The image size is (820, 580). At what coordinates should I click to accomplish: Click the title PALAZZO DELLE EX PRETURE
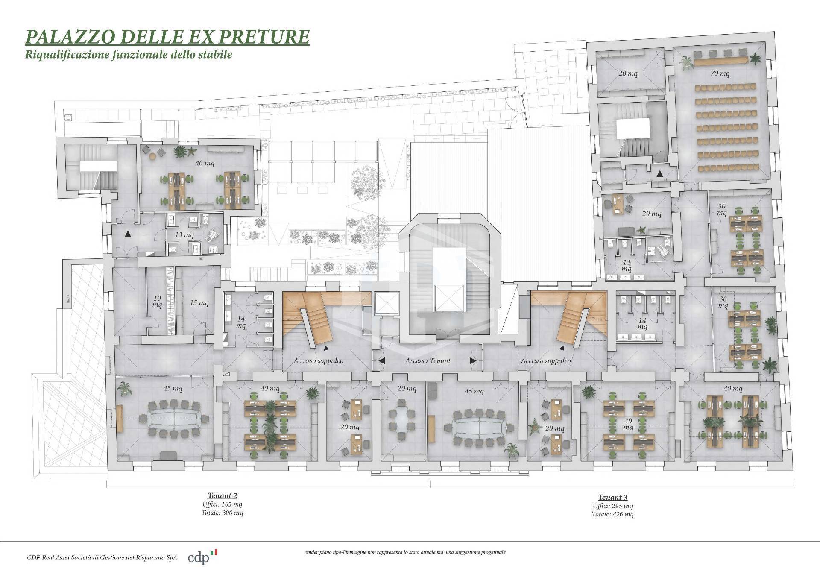(x=167, y=37)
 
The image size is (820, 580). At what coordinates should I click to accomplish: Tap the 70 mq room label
(x=720, y=73)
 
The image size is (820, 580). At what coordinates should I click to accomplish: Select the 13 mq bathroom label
(x=184, y=234)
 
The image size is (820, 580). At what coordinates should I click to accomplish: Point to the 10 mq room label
(x=157, y=301)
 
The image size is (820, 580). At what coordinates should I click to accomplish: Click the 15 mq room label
(x=199, y=302)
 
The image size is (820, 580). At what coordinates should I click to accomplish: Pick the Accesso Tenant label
(x=428, y=360)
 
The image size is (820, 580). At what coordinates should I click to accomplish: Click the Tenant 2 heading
(x=222, y=495)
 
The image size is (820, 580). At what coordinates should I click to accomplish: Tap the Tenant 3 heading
(x=612, y=497)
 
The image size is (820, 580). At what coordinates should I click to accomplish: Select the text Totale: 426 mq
(x=612, y=514)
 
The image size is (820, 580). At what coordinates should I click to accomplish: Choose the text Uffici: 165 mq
(x=222, y=504)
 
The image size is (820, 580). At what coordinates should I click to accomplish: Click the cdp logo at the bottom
(x=199, y=558)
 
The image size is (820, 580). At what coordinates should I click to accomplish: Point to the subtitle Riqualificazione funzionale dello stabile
(x=129, y=54)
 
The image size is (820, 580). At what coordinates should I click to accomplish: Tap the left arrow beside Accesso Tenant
(x=382, y=360)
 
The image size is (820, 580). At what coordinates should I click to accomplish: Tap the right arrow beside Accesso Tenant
(x=473, y=360)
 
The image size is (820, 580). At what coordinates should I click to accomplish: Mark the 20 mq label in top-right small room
(x=628, y=73)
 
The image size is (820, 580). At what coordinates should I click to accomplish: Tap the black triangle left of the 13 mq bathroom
(x=127, y=234)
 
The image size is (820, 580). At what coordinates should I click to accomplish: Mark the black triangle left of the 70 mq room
(x=660, y=174)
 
